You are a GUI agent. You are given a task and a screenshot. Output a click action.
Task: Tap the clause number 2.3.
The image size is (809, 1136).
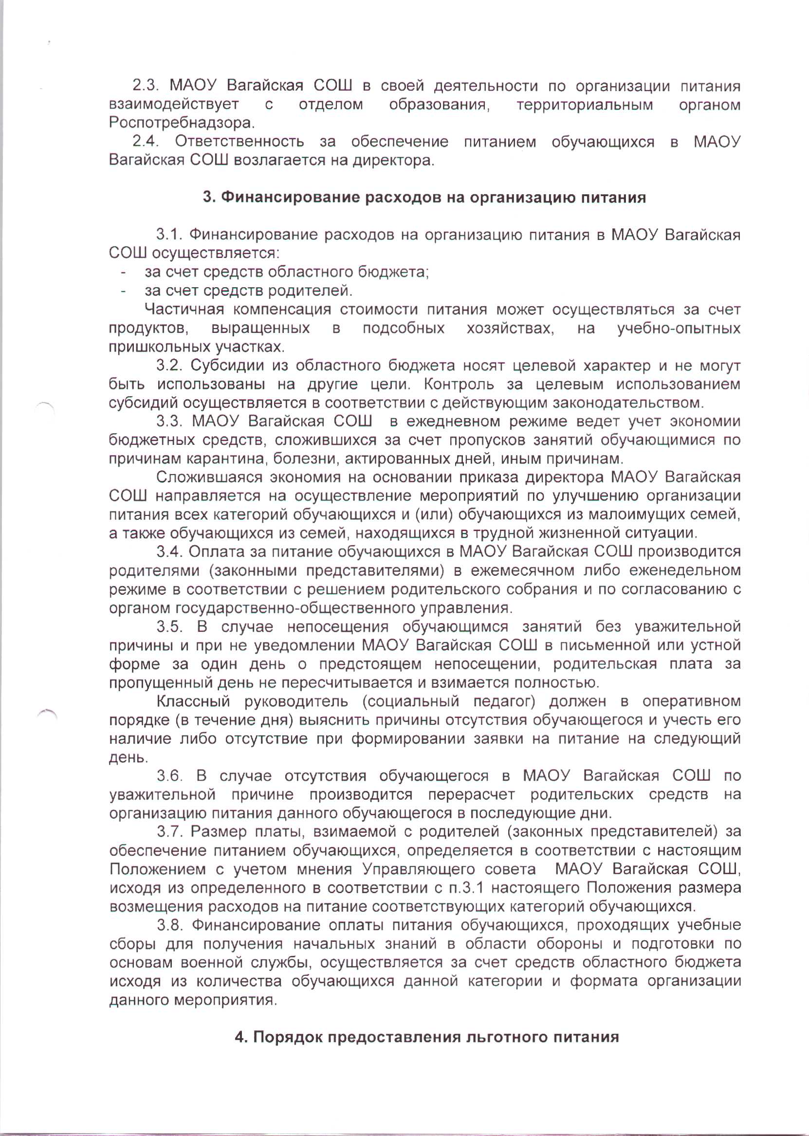(145, 86)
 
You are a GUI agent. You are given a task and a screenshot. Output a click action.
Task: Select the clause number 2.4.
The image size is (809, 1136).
(145, 142)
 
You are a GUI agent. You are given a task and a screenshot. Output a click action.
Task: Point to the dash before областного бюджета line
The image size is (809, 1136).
(123, 273)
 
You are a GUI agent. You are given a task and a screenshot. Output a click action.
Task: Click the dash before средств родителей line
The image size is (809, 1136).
(123, 291)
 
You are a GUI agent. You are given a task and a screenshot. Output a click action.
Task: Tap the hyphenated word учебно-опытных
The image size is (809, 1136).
(679, 329)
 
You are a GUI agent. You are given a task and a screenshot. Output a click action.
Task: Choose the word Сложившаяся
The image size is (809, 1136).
(210, 477)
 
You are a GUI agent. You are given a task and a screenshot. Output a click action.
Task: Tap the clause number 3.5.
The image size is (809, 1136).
(169, 626)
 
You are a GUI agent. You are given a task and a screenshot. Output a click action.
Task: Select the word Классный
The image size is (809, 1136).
(193, 702)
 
